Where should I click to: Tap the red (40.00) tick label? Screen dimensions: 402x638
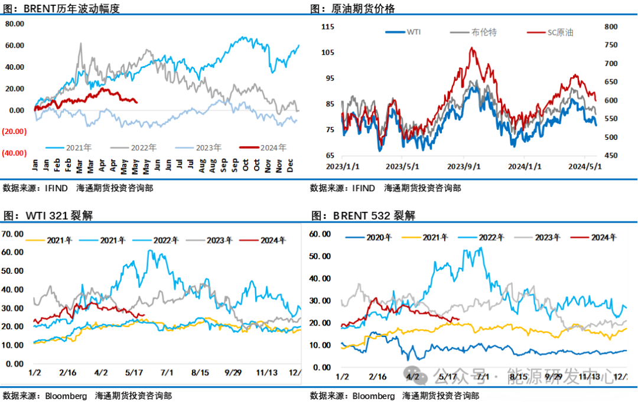14,153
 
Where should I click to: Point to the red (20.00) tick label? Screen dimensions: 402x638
14,132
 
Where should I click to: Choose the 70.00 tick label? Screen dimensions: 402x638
13,234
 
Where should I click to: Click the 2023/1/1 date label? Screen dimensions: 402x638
343,166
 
